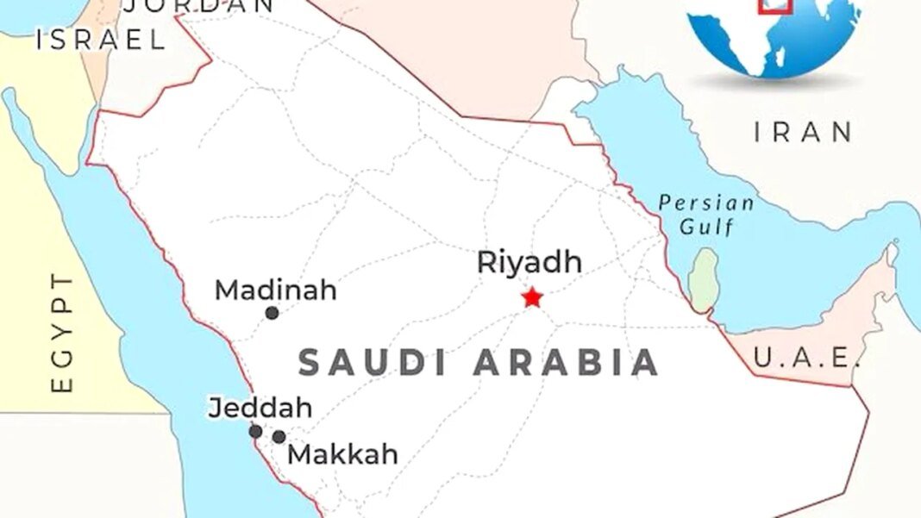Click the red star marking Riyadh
(x=532, y=297)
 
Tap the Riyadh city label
(x=529, y=262)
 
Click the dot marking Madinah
(x=272, y=313)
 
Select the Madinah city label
(x=275, y=290)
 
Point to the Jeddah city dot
(x=255, y=431)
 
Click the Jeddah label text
(x=260, y=408)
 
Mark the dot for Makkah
(x=279, y=437)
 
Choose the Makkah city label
(x=342, y=453)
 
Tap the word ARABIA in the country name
(x=567, y=363)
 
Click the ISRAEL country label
(x=100, y=40)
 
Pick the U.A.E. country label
(x=806, y=356)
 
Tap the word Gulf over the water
(x=706, y=227)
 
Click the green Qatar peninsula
(x=704, y=280)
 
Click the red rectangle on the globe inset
(x=774, y=5)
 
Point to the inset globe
(x=776, y=34)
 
